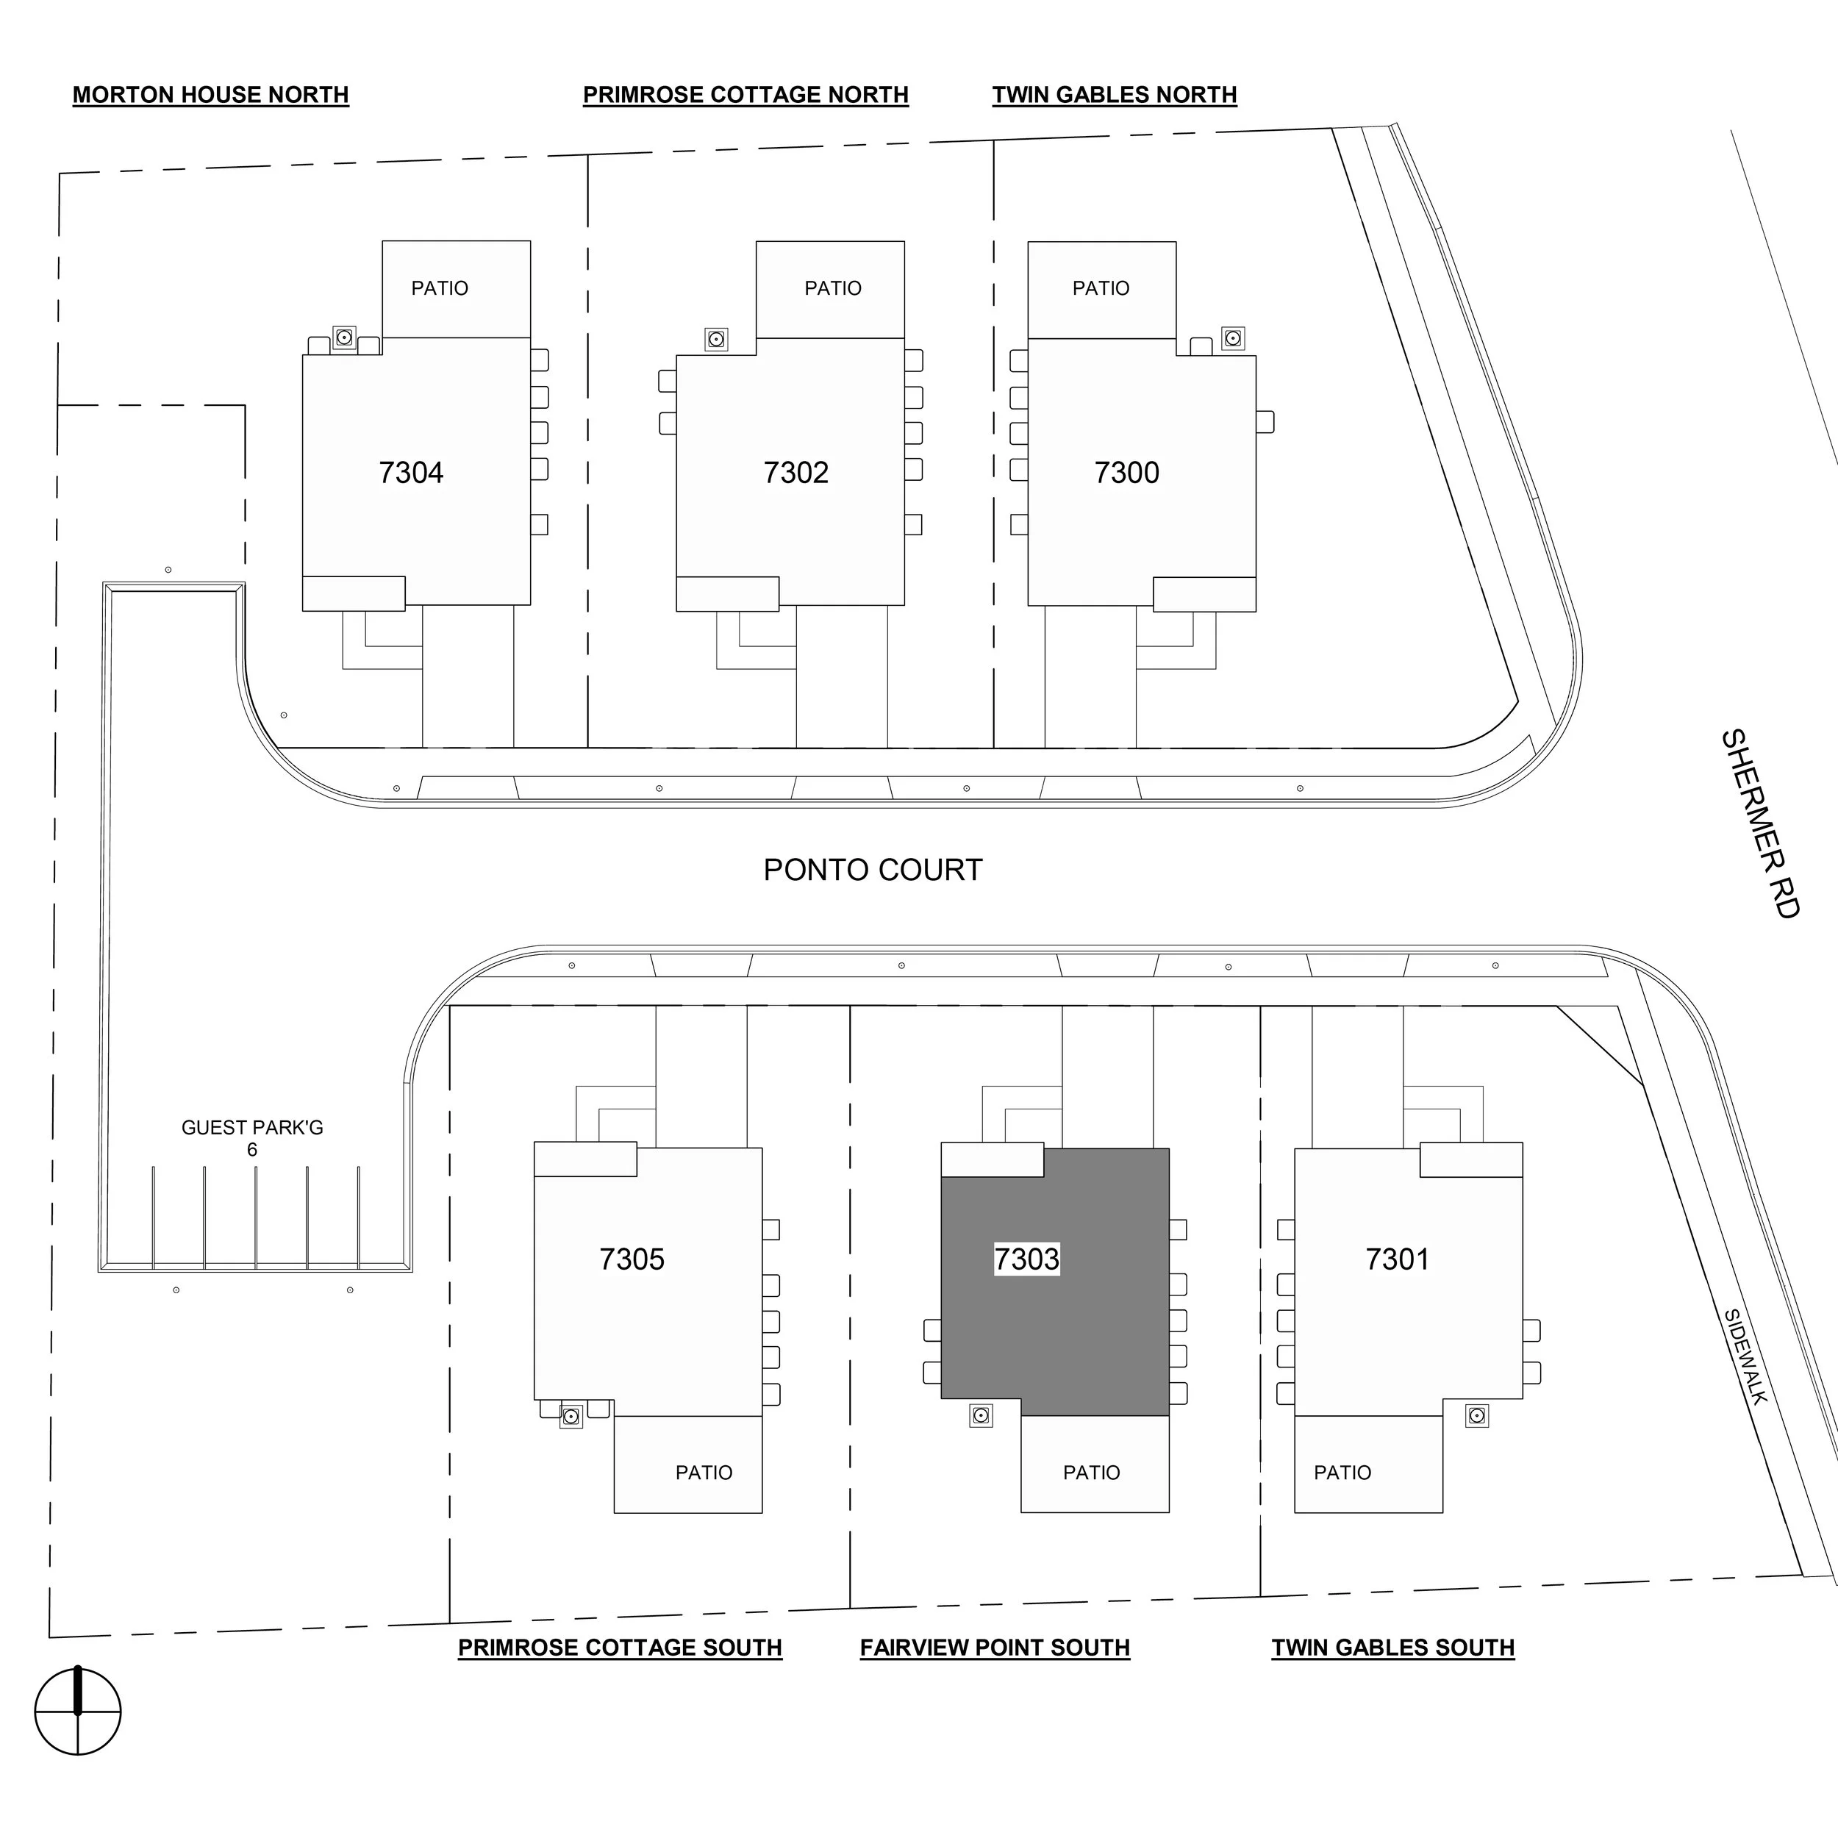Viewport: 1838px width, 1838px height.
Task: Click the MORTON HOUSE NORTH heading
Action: click(210, 95)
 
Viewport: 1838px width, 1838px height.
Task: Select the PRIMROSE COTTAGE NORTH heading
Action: click(745, 95)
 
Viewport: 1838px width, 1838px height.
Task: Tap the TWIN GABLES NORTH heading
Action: click(1114, 95)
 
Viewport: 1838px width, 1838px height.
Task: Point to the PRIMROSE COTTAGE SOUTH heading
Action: click(619, 1647)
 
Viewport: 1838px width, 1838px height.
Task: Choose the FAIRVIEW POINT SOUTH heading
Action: click(994, 1647)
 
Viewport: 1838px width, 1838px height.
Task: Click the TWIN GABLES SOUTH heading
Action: click(1392, 1647)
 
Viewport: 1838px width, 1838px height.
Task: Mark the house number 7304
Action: click(411, 473)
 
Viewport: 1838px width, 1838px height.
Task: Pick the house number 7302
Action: click(795, 473)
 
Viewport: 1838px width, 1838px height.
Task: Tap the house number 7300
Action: click(1126, 473)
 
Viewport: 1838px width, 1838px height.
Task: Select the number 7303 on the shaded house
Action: click(1026, 1259)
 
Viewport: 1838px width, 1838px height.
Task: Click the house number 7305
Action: click(632, 1259)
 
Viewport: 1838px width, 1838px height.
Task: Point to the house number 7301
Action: click(1397, 1259)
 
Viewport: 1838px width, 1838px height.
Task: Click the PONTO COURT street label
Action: click(873, 870)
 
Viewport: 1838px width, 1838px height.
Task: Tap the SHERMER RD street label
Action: click(1761, 824)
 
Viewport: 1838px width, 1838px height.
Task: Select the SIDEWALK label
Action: click(1745, 1356)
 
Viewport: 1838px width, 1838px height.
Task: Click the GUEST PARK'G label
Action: click(252, 1129)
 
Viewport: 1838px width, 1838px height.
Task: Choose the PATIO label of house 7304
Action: click(440, 288)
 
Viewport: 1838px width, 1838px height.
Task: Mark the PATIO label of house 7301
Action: click(1342, 1473)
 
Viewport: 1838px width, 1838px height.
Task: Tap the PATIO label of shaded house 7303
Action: click(1091, 1473)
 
